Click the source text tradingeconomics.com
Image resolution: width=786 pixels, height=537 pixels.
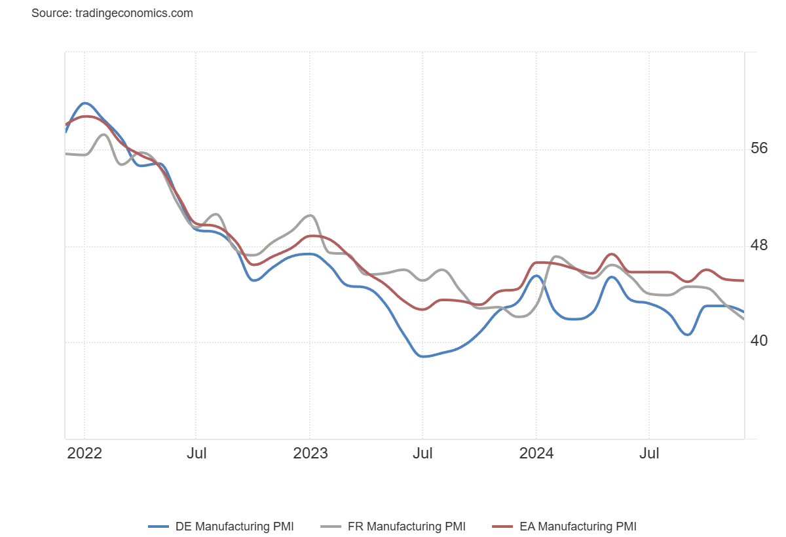(112, 13)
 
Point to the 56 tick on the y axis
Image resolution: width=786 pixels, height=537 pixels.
(759, 149)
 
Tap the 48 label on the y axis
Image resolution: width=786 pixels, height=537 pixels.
(759, 246)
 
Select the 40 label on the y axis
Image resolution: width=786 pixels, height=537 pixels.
(759, 341)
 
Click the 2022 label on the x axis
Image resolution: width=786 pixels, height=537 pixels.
(84, 453)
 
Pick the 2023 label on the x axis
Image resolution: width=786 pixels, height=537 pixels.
(310, 453)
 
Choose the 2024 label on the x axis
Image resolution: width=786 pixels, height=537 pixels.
(536, 453)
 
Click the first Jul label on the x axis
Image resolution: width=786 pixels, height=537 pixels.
(196, 453)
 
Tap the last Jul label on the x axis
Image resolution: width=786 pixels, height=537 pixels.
(649, 453)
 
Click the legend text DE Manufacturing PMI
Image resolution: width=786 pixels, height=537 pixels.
(234, 527)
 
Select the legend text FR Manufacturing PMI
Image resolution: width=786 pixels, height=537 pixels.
(406, 527)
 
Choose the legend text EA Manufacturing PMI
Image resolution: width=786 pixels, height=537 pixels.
(578, 527)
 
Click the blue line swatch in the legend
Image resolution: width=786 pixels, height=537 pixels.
(159, 527)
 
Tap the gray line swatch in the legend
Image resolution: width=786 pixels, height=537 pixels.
(331, 527)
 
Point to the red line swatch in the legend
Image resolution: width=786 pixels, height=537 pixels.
(503, 527)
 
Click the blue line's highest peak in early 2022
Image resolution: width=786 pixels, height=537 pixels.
(86, 103)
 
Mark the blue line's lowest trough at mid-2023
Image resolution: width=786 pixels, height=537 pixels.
(424, 356)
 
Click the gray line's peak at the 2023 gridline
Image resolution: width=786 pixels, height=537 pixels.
(310, 215)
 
